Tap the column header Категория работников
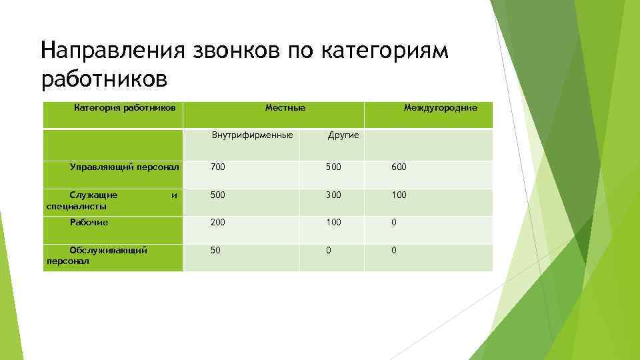[125, 107]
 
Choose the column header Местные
[285, 107]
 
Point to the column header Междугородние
[440, 107]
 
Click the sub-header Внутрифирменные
[252, 135]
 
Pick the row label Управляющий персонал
[125, 167]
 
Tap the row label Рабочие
[89, 223]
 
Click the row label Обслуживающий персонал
[97, 255]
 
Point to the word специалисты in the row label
[76, 206]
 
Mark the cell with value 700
[218, 167]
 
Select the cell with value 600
[399, 167]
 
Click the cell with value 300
[333, 195]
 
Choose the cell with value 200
[218, 223]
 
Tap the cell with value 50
[215, 250]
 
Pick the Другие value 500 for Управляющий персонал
[333, 167]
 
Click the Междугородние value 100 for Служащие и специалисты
[399, 195]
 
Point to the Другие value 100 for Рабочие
[333, 223]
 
